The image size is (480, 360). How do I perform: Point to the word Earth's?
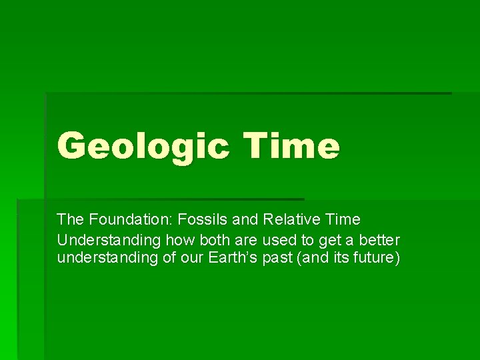(x=230, y=258)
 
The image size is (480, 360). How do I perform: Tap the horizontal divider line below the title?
(x=160, y=199)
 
